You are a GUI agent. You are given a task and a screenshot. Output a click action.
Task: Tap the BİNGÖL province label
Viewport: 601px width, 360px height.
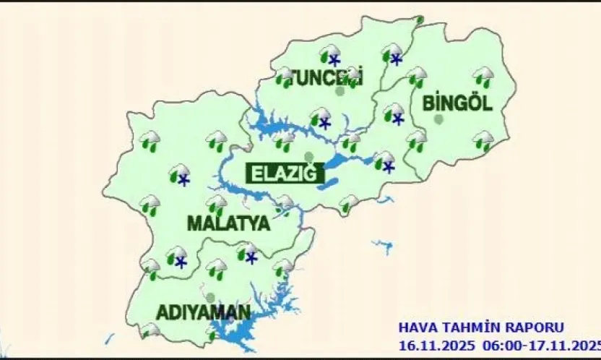tap(457, 103)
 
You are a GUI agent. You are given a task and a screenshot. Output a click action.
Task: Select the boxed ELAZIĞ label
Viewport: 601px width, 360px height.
tap(283, 173)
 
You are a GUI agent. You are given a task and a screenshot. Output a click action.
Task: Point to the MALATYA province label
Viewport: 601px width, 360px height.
tap(228, 223)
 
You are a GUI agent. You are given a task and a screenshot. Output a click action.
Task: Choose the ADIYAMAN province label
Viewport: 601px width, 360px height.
tap(203, 313)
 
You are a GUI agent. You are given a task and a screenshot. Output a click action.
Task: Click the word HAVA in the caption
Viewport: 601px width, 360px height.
tap(416, 327)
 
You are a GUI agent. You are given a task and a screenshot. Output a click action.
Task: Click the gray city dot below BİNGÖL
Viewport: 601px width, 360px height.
tap(439, 120)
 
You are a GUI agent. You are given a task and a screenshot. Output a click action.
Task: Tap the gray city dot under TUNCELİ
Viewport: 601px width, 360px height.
tap(340, 92)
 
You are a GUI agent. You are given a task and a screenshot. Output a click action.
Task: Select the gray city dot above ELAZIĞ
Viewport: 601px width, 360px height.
tap(309, 156)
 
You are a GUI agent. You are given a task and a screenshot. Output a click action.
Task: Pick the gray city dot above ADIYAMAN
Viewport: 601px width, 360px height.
tap(210, 297)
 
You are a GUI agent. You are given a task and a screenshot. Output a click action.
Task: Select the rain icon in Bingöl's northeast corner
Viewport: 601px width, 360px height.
tap(483, 76)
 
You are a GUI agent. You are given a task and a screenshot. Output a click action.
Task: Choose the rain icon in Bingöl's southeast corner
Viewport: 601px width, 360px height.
tap(483, 140)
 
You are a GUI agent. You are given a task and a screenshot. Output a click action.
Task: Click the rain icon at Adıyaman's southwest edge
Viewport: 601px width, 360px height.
tap(150, 331)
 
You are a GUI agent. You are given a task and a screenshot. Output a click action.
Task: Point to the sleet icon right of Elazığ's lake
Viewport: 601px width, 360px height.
tap(384, 160)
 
